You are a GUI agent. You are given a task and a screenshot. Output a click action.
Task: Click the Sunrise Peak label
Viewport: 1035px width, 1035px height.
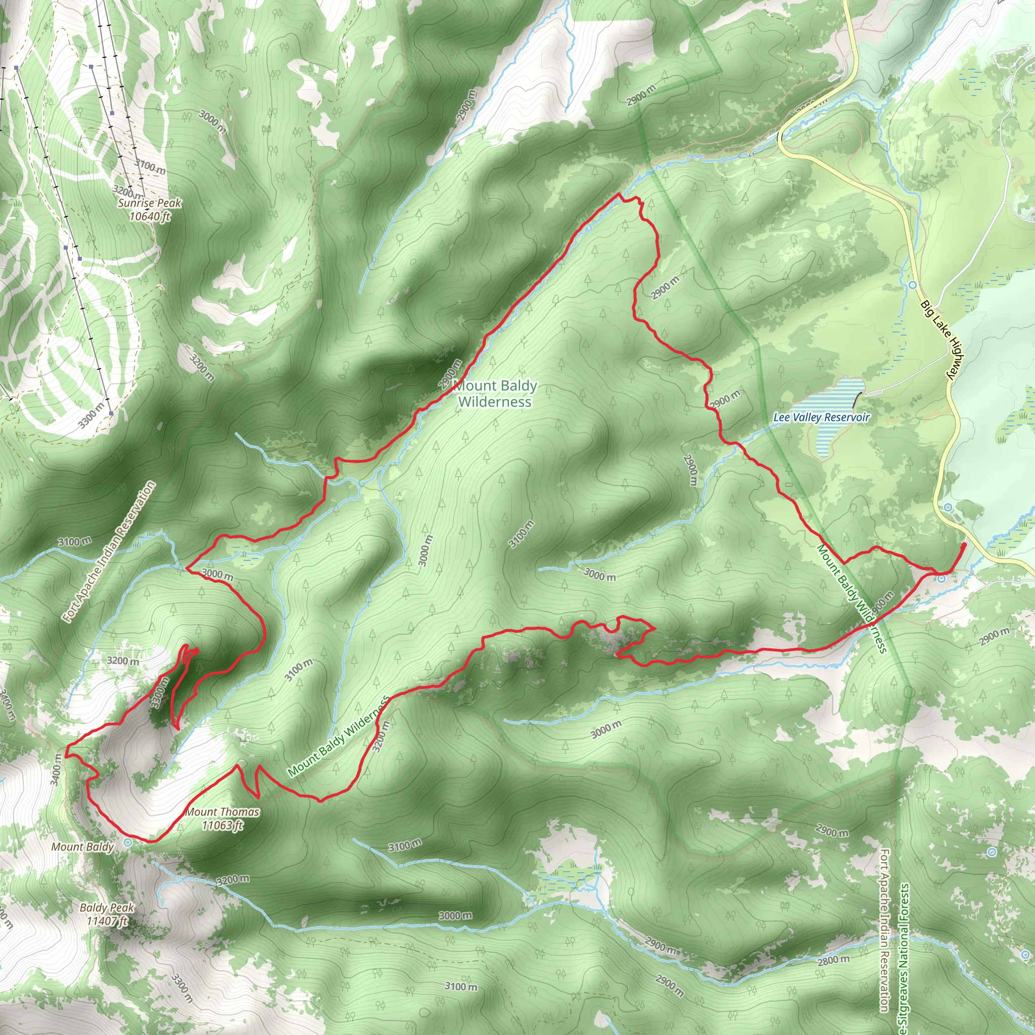pyautogui.click(x=150, y=203)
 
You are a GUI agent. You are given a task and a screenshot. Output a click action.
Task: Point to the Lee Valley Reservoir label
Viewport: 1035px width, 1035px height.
pyautogui.click(x=821, y=417)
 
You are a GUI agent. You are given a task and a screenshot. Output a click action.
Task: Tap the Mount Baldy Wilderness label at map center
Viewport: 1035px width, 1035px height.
pyautogui.click(x=495, y=394)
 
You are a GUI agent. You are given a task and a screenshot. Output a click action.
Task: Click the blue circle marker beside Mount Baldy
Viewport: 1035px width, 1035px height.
pyautogui.click(x=127, y=842)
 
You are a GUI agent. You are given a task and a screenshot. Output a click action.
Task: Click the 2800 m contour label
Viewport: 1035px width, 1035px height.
pyautogui.click(x=833, y=960)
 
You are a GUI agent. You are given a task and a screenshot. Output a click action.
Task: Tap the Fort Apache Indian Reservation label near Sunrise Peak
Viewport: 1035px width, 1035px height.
pyautogui.click(x=110, y=552)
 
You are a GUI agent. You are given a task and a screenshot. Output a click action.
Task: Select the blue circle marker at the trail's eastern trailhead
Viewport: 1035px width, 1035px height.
pyautogui.click(x=941, y=579)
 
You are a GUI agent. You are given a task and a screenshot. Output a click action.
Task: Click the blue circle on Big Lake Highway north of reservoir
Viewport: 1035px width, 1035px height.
pyautogui.click(x=912, y=285)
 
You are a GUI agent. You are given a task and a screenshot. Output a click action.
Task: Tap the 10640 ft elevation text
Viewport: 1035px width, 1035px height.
pyautogui.click(x=150, y=216)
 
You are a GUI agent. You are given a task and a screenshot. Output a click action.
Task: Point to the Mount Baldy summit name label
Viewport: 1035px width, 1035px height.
pyautogui.click(x=82, y=847)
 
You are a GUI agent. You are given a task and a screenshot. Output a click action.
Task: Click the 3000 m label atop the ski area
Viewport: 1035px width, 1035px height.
pyautogui.click(x=212, y=122)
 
